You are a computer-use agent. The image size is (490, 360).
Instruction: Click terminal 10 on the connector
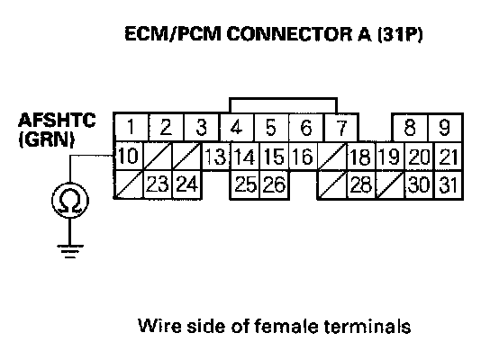[129, 156]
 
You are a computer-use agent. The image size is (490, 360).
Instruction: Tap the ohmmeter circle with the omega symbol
[70, 201]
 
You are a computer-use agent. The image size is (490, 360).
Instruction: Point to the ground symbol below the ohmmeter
[70, 251]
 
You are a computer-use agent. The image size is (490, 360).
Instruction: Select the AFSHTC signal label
[57, 120]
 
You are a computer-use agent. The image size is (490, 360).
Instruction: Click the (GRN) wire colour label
[47, 139]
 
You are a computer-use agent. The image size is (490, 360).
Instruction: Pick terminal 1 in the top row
[131, 127]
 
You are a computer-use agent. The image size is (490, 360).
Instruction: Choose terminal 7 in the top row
[341, 127]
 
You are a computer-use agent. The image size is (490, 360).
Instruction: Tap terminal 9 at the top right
[445, 127]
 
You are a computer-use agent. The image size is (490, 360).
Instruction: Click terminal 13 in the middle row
[215, 156]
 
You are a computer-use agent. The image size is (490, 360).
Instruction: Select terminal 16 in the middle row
[303, 156]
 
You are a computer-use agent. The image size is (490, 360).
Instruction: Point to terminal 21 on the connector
[449, 156]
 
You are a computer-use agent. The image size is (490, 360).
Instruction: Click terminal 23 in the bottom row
[158, 184]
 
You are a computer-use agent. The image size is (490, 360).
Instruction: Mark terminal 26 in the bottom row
[275, 184]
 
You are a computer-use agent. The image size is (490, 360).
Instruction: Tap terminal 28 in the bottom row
[361, 184]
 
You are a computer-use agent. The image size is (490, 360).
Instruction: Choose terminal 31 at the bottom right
[449, 184]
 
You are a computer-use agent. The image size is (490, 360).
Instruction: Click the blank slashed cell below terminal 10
[129, 184]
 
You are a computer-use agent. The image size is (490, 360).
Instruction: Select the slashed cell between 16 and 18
[331, 156]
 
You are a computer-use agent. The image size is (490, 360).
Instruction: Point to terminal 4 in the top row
[237, 127]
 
